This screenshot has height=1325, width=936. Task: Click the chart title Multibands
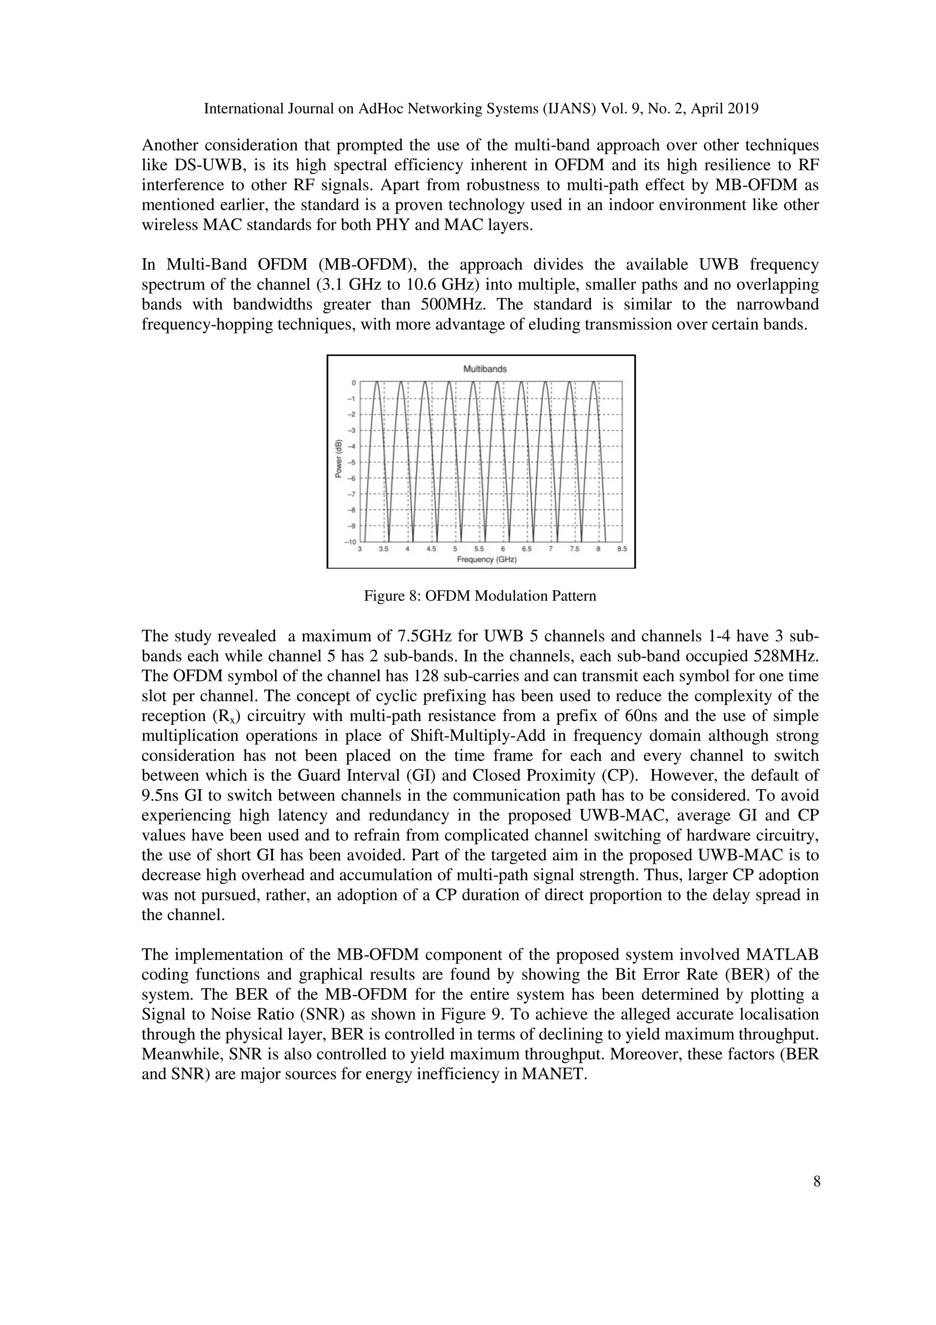[x=484, y=369]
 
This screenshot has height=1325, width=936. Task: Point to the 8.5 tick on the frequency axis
[x=622, y=550]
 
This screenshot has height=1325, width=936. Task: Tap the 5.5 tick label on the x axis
[x=479, y=550]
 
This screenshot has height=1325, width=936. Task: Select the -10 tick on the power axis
[x=350, y=542]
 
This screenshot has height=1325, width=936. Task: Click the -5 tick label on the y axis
[x=351, y=462]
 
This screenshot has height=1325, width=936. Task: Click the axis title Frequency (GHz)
[x=486, y=560]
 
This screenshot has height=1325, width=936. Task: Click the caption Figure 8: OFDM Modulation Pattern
[x=480, y=596]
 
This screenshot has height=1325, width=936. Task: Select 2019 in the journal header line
[x=742, y=108]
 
